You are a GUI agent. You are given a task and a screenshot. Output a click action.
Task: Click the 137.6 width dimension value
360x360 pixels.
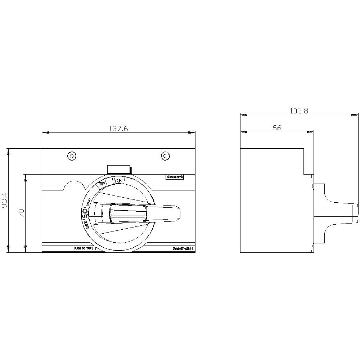click(118, 129)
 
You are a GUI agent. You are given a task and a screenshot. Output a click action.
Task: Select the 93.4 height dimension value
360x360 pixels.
click(5, 200)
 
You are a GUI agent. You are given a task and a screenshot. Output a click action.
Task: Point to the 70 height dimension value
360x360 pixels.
click(22, 213)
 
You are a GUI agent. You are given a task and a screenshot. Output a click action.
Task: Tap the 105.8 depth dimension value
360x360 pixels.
click(299, 111)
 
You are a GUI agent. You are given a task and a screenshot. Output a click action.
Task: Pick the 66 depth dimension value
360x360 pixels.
click(276, 128)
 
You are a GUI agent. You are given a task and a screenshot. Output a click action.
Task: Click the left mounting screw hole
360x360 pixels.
click(72, 156)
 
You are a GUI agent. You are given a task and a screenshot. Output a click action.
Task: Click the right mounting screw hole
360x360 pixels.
click(165, 156)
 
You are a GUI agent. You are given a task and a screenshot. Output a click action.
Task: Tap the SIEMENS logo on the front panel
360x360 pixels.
click(175, 177)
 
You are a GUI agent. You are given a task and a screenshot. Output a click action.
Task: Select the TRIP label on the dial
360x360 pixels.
click(102, 184)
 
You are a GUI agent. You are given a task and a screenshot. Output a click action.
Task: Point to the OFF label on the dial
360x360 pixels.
click(85, 216)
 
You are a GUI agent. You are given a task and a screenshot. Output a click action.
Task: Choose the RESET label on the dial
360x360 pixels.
click(87, 224)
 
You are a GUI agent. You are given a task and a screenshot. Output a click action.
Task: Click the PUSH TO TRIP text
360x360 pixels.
click(82, 248)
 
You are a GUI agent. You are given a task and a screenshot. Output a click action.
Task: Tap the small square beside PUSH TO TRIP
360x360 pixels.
click(94, 248)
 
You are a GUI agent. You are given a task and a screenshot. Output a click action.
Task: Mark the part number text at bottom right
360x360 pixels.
click(183, 248)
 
